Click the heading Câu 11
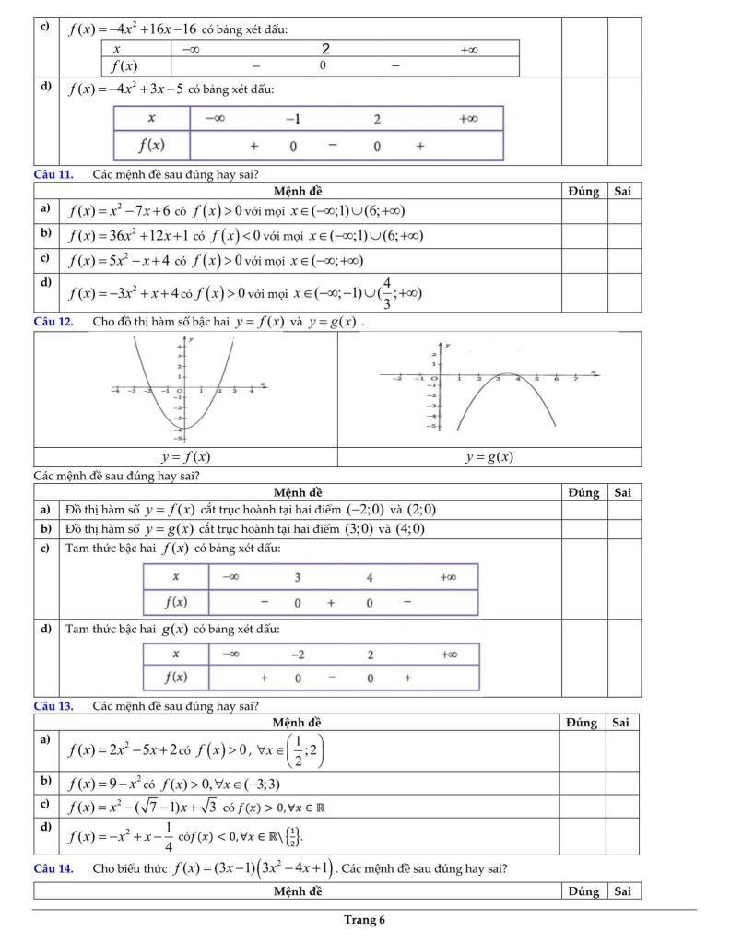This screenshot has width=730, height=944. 52,173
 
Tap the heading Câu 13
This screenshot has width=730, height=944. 52,706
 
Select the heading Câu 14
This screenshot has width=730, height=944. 52,867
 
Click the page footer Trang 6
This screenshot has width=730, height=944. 365,919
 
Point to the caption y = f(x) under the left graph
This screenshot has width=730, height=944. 184,456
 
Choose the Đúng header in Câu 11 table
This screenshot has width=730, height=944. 583,191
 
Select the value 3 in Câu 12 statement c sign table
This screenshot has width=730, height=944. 298,577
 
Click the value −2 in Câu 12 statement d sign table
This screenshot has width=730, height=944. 298,655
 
